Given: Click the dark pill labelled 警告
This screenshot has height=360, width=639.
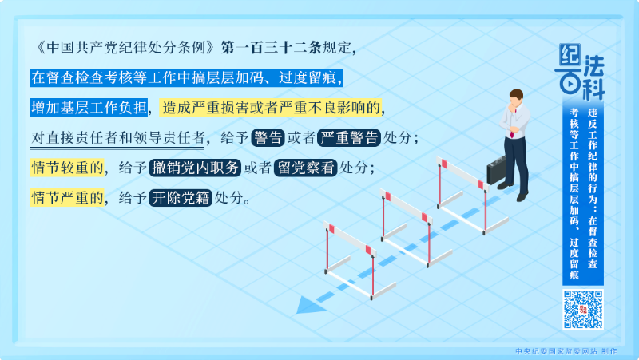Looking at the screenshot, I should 268,137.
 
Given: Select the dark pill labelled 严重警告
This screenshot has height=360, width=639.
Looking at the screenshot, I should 349,137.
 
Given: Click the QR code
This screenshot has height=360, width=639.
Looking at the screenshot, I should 583,309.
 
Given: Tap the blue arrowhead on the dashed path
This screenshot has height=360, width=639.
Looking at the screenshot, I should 304,306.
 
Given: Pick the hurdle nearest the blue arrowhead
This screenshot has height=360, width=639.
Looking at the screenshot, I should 349,255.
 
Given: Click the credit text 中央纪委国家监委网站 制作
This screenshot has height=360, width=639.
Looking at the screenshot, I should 566,350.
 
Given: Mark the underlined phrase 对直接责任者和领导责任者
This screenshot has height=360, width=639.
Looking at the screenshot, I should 118,137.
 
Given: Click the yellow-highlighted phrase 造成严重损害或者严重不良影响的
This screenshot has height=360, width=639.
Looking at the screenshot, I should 272,107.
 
